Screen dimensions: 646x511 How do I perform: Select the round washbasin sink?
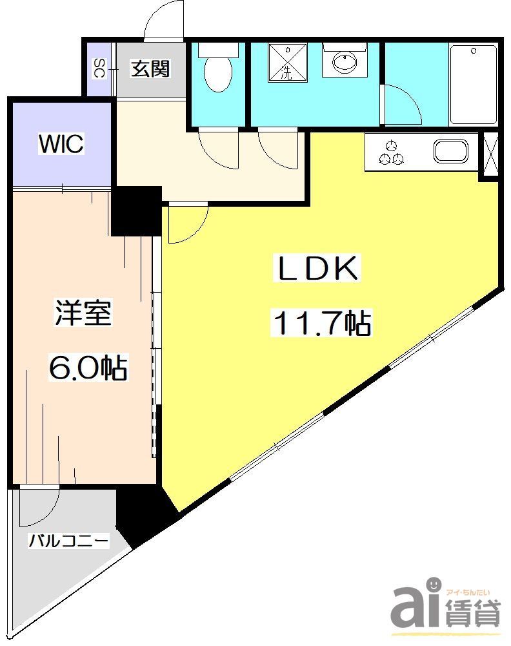(x=345, y=63)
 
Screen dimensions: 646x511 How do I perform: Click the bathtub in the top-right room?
(x=473, y=84)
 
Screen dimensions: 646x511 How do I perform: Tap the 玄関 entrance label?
(x=151, y=68)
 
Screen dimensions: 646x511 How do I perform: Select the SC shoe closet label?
(x=99, y=68)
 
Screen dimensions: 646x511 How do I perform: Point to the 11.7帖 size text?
(x=322, y=323)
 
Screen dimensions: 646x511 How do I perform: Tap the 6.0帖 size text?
(x=88, y=368)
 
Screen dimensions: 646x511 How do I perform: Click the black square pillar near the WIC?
(x=136, y=211)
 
